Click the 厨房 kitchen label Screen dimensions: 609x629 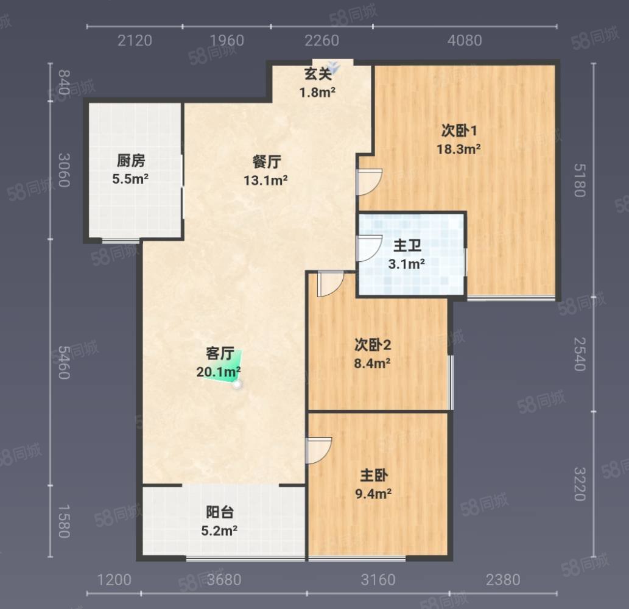[x=131, y=161]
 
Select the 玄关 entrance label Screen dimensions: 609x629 [x=317, y=75]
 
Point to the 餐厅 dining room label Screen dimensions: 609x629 [x=267, y=162]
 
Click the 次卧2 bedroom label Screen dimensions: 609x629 [x=372, y=345]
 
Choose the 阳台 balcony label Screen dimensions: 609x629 [x=219, y=513]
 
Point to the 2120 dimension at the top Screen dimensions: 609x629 [x=134, y=41]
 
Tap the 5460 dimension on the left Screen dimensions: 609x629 [x=63, y=362]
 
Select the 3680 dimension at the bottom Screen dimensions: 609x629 [x=223, y=579]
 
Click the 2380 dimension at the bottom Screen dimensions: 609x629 [x=503, y=579]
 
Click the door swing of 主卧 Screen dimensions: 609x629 [x=318, y=449]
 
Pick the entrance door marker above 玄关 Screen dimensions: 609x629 [x=332, y=64]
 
